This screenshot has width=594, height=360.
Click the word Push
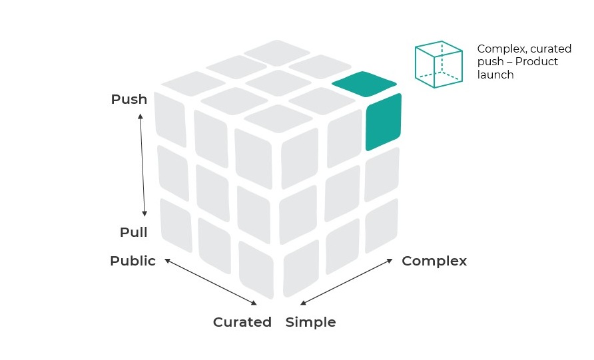coord(129,100)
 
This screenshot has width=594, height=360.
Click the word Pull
coord(134,233)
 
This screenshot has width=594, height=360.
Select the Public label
coord(133,262)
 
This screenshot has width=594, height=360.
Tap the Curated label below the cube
coord(242,323)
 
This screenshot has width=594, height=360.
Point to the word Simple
coord(310,323)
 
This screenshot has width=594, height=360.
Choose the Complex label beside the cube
coord(434,262)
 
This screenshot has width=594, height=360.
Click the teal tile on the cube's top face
coord(364,83)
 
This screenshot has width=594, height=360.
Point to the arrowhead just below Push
coord(141,118)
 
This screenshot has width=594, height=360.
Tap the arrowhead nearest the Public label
coord(167,260)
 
